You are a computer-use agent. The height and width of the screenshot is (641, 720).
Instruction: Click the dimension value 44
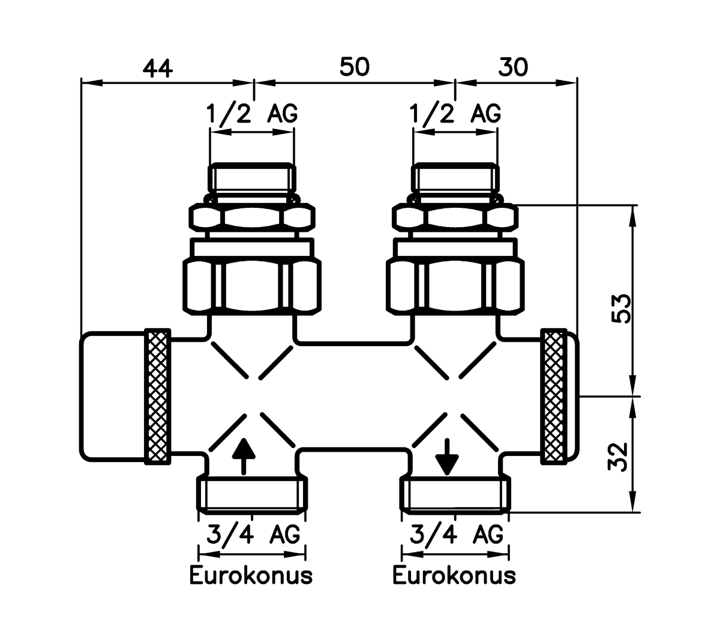coord(158,67)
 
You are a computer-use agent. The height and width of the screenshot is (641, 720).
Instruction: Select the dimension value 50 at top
coord(354,67)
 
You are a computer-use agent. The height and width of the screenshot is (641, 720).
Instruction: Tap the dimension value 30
coord(513,67)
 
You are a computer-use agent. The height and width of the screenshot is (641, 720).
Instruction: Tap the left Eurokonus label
coord(251,575)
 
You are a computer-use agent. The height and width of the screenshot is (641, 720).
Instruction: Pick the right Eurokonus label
coord(454,575)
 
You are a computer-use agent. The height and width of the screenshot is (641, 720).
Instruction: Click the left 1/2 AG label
coord(251,113)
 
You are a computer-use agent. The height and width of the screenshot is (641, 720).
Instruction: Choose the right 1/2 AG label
coord(455,113)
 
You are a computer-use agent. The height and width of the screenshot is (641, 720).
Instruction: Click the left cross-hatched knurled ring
coord(157,397)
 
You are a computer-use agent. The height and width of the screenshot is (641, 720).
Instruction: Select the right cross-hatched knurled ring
coord(554,397)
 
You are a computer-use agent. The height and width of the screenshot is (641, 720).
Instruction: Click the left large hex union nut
coord(251,285)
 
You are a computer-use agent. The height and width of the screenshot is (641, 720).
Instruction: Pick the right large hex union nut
coord(455,285)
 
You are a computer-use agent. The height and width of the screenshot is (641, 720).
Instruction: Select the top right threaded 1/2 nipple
coord(455,179)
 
